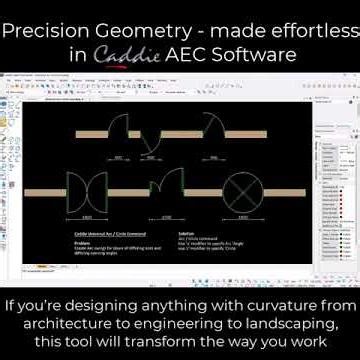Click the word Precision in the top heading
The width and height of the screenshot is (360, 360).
[x=49, y=28]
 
